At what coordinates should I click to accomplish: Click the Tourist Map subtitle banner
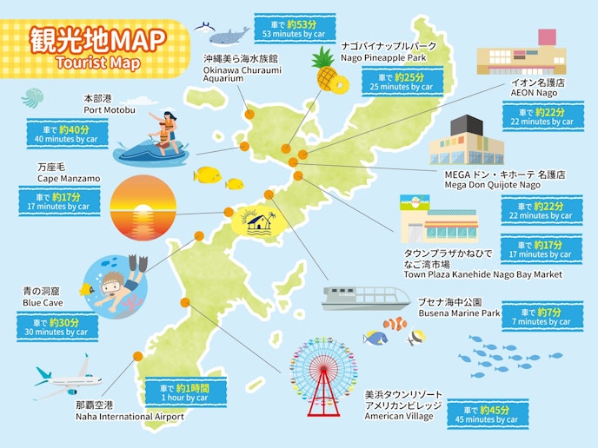point(97,64)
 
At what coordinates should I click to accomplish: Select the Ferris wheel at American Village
point(324,374)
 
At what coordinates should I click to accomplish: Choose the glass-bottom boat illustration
point(364,298)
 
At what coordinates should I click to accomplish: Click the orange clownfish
point(395,324)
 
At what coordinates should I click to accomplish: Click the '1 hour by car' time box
point(185,392)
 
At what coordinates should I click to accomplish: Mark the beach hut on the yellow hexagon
point(260,221)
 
